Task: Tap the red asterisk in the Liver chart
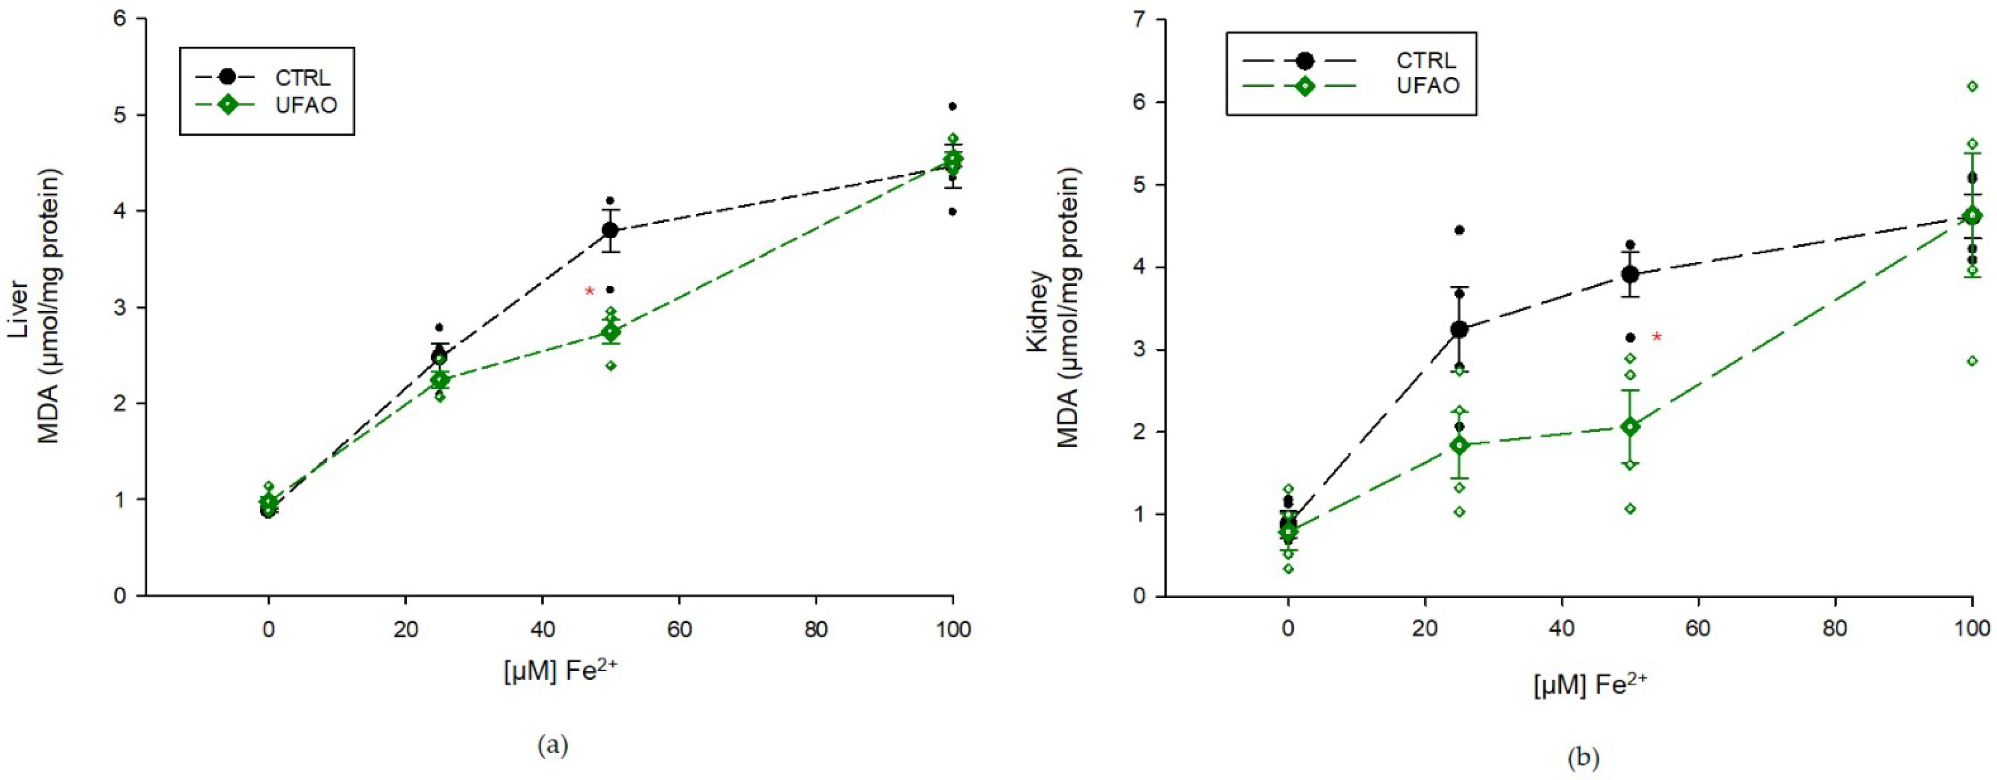point(589,291)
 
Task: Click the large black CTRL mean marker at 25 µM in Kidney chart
point(1459,330)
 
